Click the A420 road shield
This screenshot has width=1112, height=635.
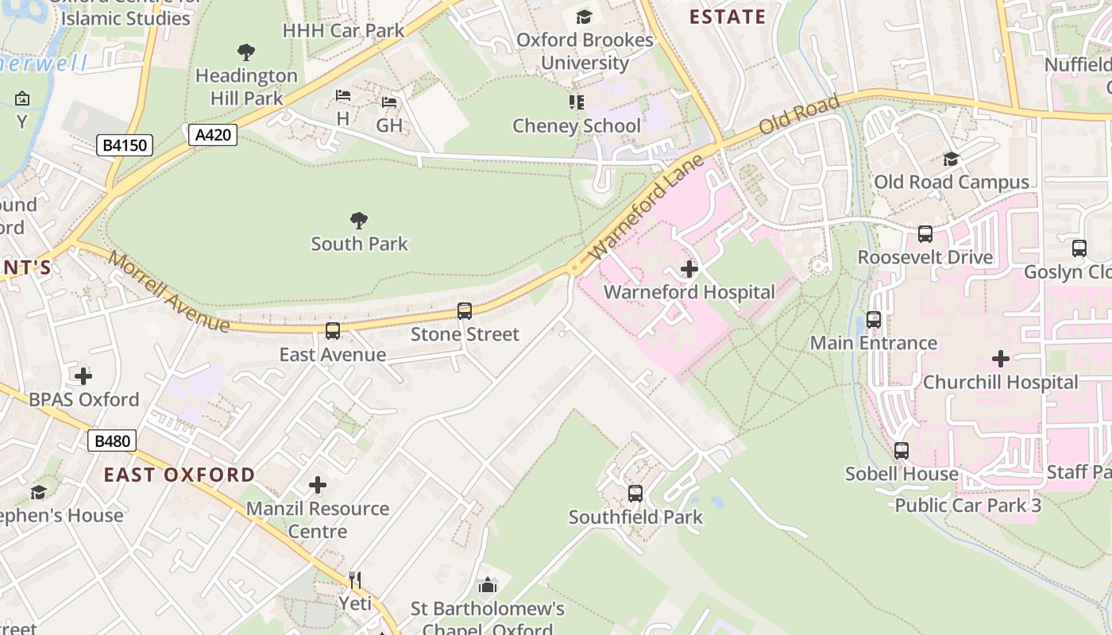(x=214, y=135)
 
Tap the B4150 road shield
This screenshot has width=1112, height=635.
(x=125, y=145)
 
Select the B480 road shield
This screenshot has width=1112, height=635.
(x=112, y=441)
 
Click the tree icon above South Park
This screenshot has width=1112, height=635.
(x=359, y=220)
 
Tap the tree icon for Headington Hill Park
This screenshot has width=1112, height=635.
(x=246, y=52)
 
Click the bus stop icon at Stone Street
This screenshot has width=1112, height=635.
(x=465, y=311)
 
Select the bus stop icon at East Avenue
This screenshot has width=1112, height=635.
(x=333, y=331)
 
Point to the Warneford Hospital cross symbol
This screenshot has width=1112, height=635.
(x=689, y=269)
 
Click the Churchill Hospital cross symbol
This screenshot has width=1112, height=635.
(x=1001, y=359)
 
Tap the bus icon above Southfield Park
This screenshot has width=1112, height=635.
(x=635, y=494)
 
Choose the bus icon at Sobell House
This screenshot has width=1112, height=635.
(x=902, y=451)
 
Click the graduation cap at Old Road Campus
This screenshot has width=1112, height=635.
(x=951, y=160)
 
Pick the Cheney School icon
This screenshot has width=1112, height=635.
(x=577, y=102)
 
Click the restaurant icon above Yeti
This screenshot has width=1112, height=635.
(x=355, y=580)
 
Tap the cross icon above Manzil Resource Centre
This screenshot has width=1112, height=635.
(x=318, y=485)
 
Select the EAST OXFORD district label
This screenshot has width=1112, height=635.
(x=180, y=475)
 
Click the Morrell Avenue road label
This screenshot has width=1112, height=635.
(x=168, y=292)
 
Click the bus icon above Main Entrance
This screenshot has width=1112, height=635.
(x=874, y=320)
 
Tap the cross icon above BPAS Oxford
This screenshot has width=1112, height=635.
(x=83, y=375)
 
